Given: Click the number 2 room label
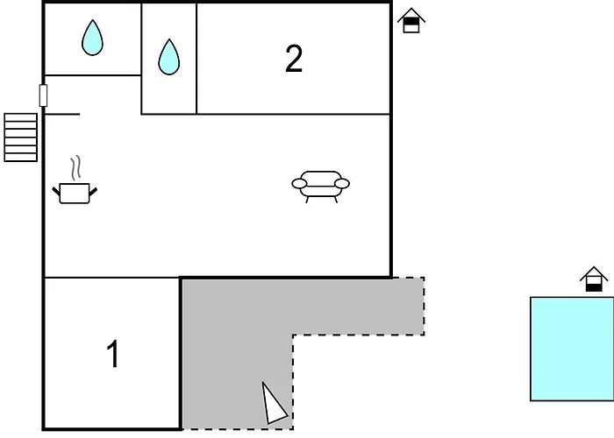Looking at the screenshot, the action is (x=294, y=59).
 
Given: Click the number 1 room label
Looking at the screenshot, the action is (x=113, y=354).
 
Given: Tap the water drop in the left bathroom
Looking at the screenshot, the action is (x=92, y=38).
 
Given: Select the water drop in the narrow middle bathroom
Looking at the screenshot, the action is (x=169, y=57).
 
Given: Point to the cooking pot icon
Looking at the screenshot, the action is (x=75, y=193).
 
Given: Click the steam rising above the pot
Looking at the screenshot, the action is (x=76, y=168).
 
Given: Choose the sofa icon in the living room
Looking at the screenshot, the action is (x=321, y=187).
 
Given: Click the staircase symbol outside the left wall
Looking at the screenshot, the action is (x=21, y=138).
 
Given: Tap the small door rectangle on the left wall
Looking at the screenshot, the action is (x=43, y=95).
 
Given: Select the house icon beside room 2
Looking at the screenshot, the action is (x=411, y=20).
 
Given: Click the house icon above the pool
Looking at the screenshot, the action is (x=594, y=279).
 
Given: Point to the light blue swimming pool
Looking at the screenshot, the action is (x=572, y=349).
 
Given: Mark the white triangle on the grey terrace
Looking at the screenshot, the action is (x=274, y=404).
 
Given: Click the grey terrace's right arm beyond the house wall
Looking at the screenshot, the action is (x=408, y=307).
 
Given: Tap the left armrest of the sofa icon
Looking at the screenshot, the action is (x=299, y=183).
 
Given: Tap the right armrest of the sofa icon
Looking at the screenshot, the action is (x=342, y=183).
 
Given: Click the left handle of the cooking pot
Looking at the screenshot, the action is (x=56, y=192).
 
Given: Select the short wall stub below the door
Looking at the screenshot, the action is (x=62, y=114).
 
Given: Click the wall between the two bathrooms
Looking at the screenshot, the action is (x=141, y=59).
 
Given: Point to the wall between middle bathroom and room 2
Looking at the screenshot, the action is (x=196, y=59).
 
